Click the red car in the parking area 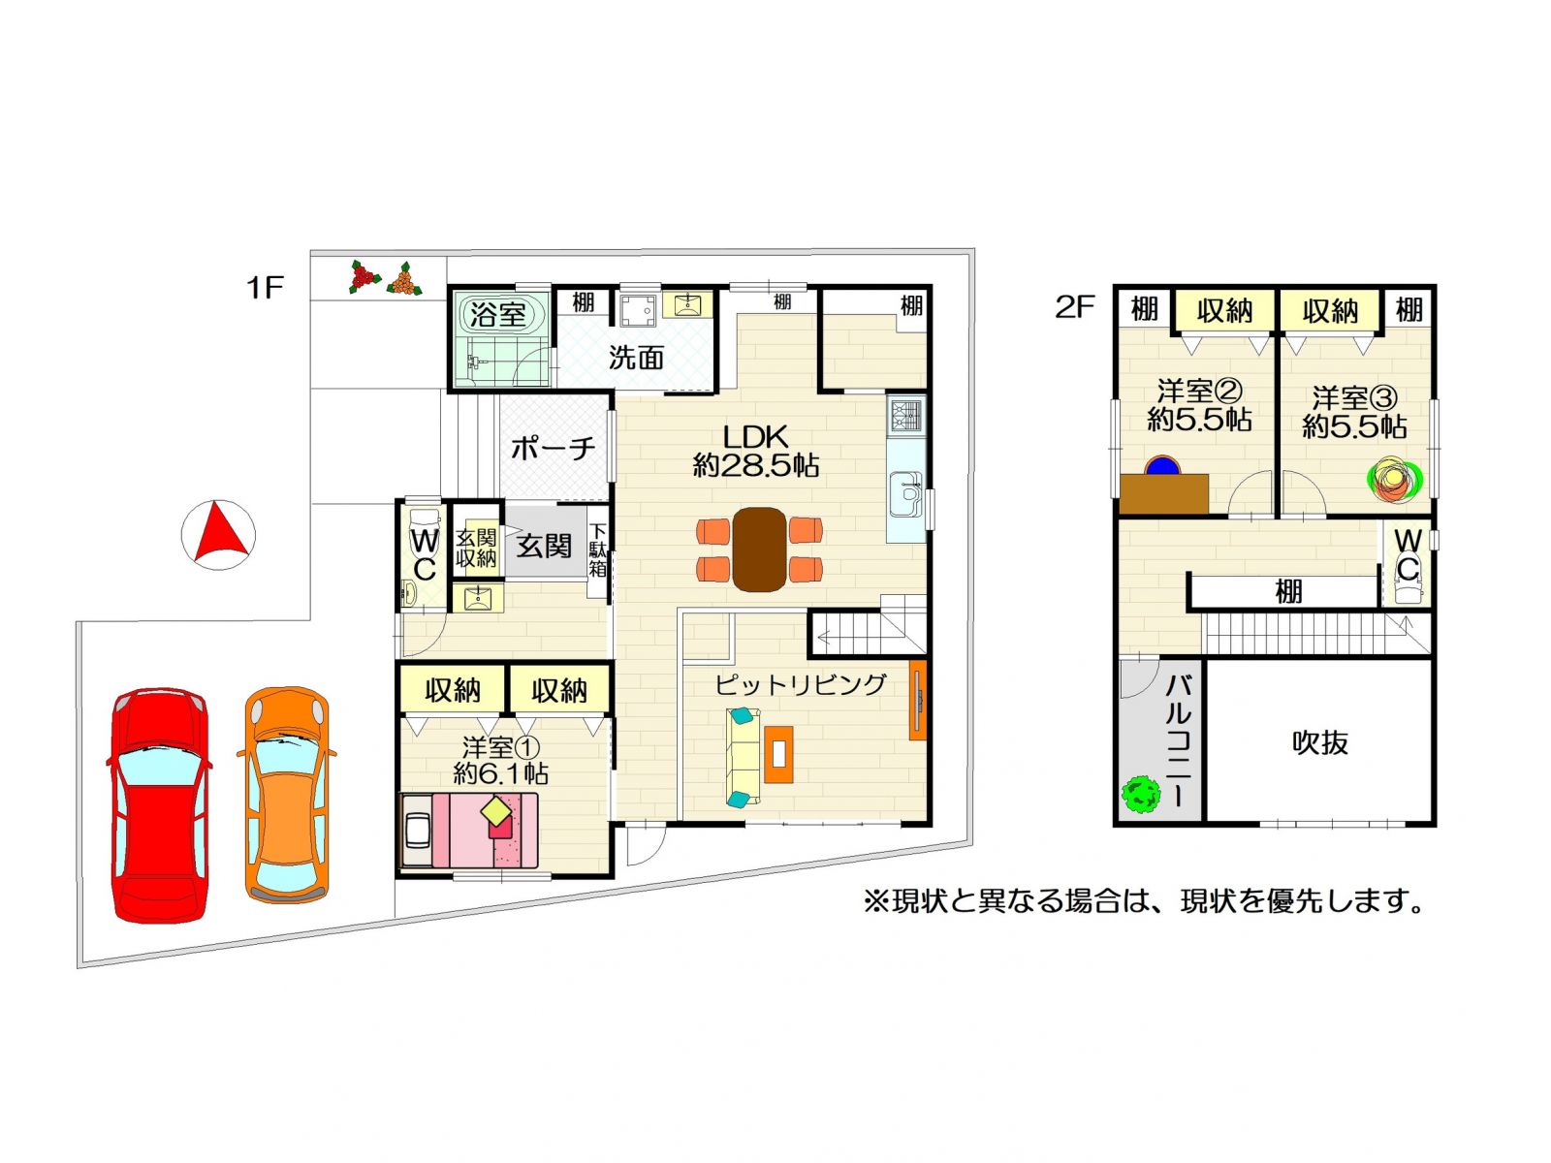pyautogui.click(x=159, y=803)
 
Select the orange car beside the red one pyautogui.click(x=287, y=794)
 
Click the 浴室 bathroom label pyautogui.click(x=497, y=314)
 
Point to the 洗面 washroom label pyautogui.click(x=636, y=358)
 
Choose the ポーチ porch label pyautogui.click(x=553, y=449)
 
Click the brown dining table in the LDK pyautogui.click(x=759, y=550)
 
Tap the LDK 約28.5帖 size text pyautogui.click(x=755, y=452)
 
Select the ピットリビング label pyautogui.click(x=801, y=683)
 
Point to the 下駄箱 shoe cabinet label pyautogui.click(x=598, y=550)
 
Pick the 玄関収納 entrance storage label pyautogui.click(x=476, y=549)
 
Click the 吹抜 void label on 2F pyautogui.click(x=1320, y=742)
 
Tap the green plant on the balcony pyautogui.click(x=1141, y=795)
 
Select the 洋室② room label pyautogui.click(x=1199, y=391)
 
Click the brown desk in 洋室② pyautogui.click(x=1164, y=493)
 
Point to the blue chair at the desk pyautogui.click(x=1163, y=465)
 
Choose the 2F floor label pyautogui.click(x=1074, y=307)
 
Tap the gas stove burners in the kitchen pyautogui.click(x=907, y=416)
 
